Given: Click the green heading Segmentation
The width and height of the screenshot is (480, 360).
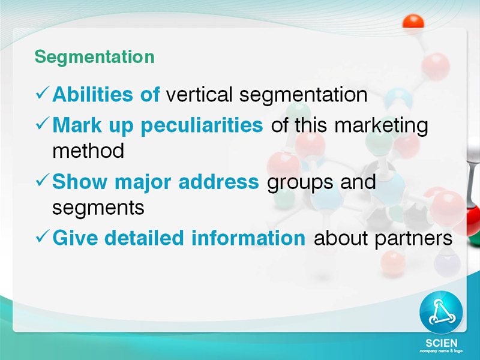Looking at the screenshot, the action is (x=95, y=58).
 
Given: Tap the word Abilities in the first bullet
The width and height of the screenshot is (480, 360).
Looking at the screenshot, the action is (x=93, y=94).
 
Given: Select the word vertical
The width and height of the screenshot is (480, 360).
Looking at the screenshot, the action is (x=199, y=94).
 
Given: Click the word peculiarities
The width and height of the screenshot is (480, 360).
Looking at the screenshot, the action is (x=202, y=126).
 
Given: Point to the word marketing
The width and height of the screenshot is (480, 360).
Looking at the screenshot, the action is (x=381, y=126).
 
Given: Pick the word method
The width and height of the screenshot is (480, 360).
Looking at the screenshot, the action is (x=88, y=151).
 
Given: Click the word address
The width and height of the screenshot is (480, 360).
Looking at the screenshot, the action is (x=218, y=182).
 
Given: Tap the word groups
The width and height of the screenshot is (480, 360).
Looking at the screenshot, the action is (x=300, y=183).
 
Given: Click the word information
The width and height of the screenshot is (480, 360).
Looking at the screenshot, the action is (x=248, y=238).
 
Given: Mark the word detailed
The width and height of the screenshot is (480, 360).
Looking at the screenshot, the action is (x=144, y=238).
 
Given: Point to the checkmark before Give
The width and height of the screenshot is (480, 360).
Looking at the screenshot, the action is (x=43, y=236).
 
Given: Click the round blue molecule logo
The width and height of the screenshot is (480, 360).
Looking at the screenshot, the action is (x=441, y=312).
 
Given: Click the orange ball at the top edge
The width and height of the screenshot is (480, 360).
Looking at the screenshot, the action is (x=413, y=22).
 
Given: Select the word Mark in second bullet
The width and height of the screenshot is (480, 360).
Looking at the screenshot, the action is (x=77, y=125).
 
